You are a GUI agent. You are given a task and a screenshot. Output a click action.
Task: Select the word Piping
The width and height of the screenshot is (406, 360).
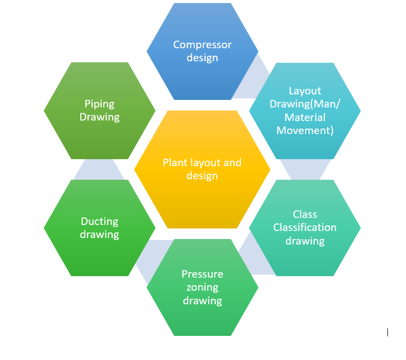[x=99, y=104]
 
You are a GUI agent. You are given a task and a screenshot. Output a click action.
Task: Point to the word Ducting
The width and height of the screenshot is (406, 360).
[x=99, y=221]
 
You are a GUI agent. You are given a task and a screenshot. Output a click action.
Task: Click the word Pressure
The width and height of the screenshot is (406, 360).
[x=202, y=274]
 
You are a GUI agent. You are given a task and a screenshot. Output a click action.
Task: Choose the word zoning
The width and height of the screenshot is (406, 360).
[x=202, y=287]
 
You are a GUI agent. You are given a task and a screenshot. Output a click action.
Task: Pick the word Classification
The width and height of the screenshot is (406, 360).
[x=305, y=227]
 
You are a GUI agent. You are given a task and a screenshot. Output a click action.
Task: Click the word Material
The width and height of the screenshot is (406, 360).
[x=305, y=117]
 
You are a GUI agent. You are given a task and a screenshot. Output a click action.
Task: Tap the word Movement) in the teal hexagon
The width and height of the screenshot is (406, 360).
[x=305, y=131]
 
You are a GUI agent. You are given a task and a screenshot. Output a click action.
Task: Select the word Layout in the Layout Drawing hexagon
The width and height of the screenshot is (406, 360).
[x=305, y=91]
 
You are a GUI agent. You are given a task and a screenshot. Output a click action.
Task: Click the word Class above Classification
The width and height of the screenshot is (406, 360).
[x=305, y=214]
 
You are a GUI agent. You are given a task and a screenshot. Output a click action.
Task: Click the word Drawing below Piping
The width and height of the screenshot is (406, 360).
[x=99, y=117]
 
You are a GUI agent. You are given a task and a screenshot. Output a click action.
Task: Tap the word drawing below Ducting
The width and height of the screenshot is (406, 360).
[x=99, y=234]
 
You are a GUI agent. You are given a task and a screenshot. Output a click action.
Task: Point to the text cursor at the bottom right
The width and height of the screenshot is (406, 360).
[x=387, y=332]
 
